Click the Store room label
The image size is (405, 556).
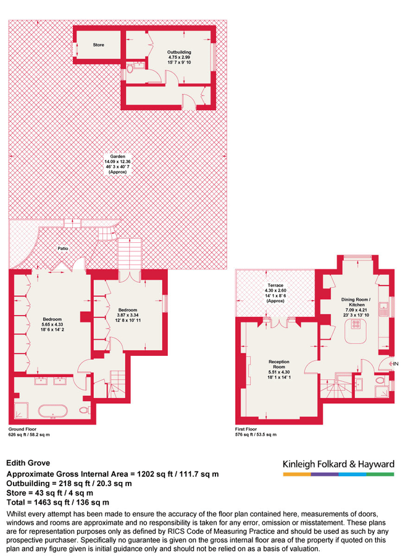coord(99,45)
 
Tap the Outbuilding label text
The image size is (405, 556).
coord(180,52)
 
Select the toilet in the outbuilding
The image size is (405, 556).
coord(129,71)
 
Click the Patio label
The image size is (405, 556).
coord(63,248)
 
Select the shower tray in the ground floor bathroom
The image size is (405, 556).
coord(21,408)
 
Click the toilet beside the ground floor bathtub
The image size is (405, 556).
coord(84,410)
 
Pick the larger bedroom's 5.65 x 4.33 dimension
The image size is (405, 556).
coord(52,324)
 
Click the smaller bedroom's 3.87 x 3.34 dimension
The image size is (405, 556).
coord(128,315)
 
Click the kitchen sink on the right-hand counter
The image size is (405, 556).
coord(383,306)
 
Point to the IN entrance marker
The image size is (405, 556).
coord(395,364)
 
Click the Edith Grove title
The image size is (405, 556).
coord(28,462)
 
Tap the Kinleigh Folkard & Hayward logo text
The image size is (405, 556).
coord(338,465)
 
